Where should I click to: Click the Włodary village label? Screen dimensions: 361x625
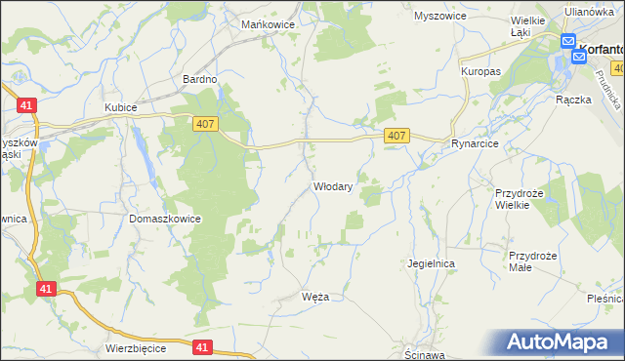point(332,185)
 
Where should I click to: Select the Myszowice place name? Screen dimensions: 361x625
point(440,17)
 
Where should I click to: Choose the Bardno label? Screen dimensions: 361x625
point(198,79)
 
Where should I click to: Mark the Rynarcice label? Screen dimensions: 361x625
point(476,143)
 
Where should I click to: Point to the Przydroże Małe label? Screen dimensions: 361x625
point(532,261)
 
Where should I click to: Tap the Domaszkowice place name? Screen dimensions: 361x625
point(165,220)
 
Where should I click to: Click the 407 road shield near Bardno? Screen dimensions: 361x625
point(204,122)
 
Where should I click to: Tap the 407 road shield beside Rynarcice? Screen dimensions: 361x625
point(396,137)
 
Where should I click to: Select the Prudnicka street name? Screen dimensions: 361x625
point(612,92)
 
